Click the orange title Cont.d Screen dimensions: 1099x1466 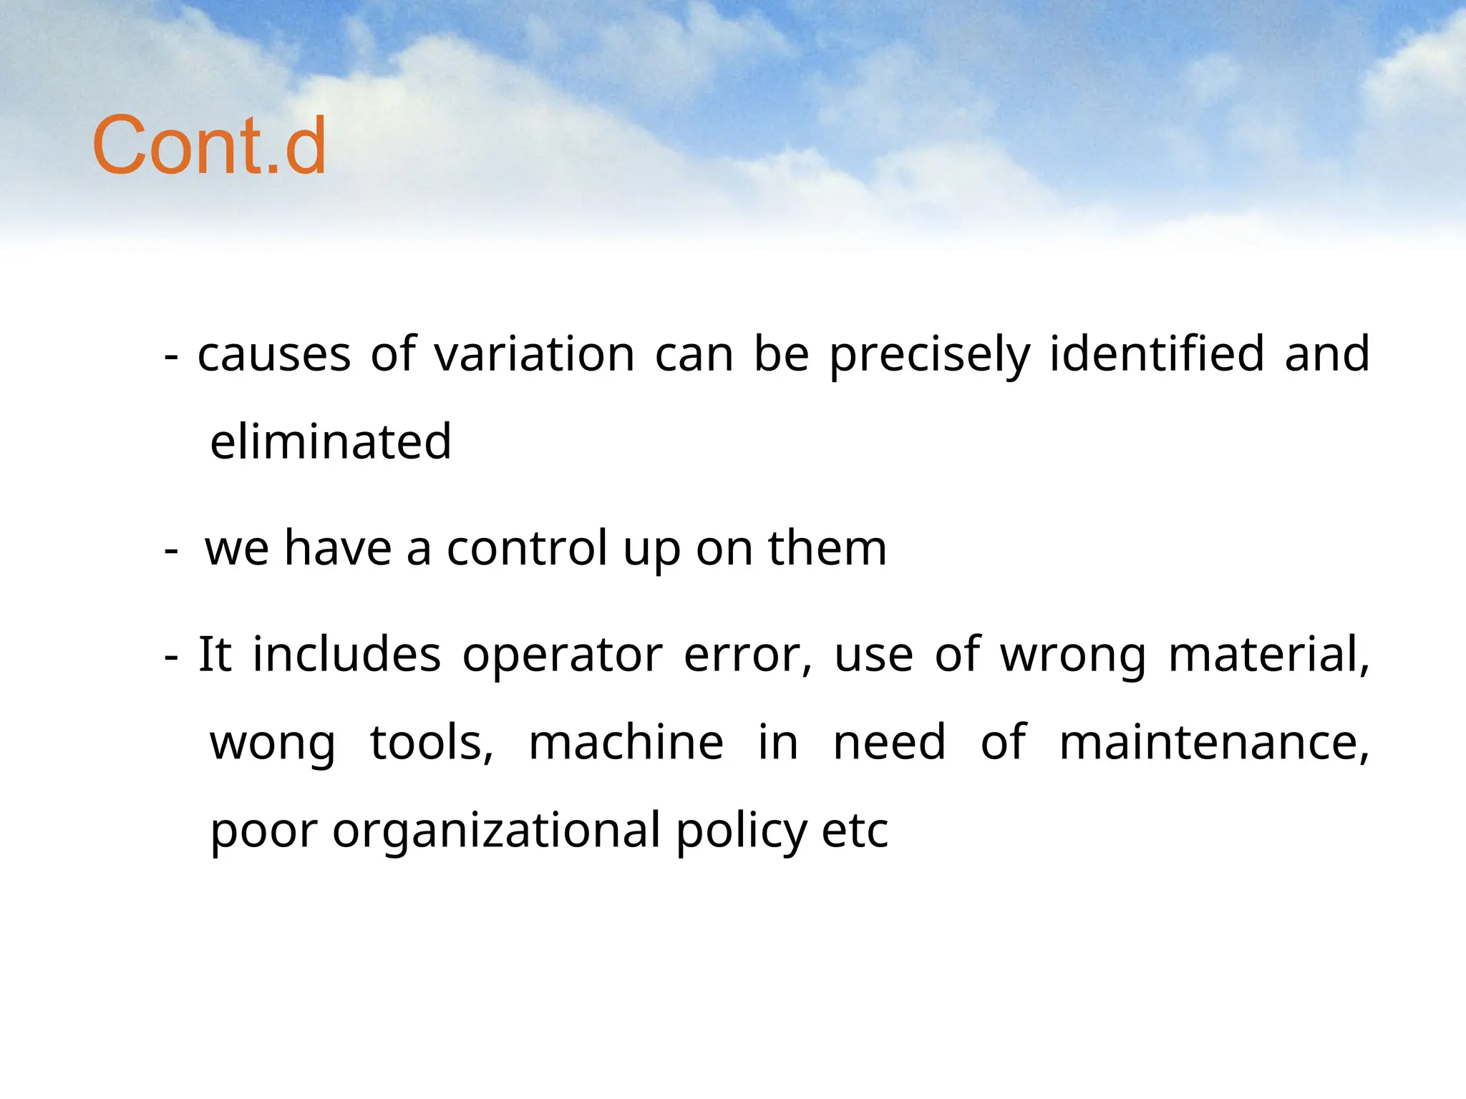point(209,146)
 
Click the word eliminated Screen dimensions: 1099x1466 point(331,441)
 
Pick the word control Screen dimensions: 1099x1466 point(528,549)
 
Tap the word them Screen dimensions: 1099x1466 point(827,549)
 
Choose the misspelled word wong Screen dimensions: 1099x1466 point(272,743)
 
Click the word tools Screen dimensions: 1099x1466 point(431,743)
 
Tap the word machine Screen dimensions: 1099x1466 point(626,743)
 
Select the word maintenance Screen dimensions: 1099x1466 point(1213,743)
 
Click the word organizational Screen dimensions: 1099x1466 point(496,831)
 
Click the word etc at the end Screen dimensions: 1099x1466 point(855,831)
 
